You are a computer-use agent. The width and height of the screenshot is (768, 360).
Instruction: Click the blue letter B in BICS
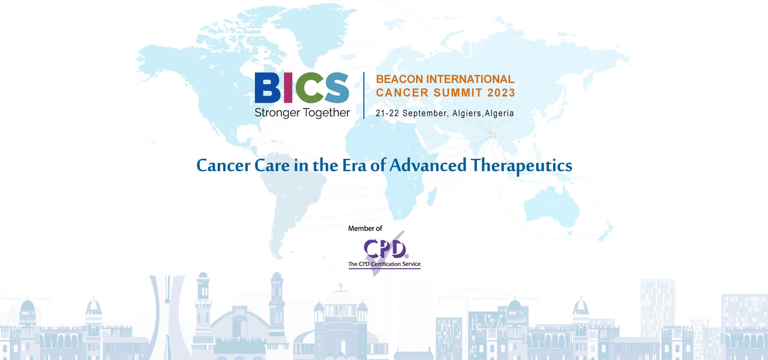268,88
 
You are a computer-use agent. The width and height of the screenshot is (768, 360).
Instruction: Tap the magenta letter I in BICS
288,88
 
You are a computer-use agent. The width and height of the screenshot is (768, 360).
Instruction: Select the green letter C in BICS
308,88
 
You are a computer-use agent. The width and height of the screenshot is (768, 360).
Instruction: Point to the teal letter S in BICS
337,88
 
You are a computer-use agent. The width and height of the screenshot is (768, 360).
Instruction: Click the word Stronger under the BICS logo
277,113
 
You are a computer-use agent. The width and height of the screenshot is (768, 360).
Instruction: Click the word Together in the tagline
326,113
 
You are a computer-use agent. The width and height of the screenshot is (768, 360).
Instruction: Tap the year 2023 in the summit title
501,93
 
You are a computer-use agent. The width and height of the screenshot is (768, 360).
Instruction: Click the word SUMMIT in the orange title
458,93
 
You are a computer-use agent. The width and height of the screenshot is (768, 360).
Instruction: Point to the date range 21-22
387,114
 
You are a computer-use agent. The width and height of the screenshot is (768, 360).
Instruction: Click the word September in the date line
425,114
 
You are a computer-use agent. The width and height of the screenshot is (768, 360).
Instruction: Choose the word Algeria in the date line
499,114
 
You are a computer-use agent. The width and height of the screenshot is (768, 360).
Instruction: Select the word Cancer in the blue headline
223,166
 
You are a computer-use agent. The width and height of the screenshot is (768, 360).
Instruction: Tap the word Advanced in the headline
428,166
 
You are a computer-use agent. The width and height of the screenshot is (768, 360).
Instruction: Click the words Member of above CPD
365,228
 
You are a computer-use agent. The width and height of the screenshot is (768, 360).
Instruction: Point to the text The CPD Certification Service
384,264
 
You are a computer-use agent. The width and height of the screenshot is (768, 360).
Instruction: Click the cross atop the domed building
341,287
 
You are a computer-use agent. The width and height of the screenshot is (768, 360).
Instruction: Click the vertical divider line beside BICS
364,95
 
